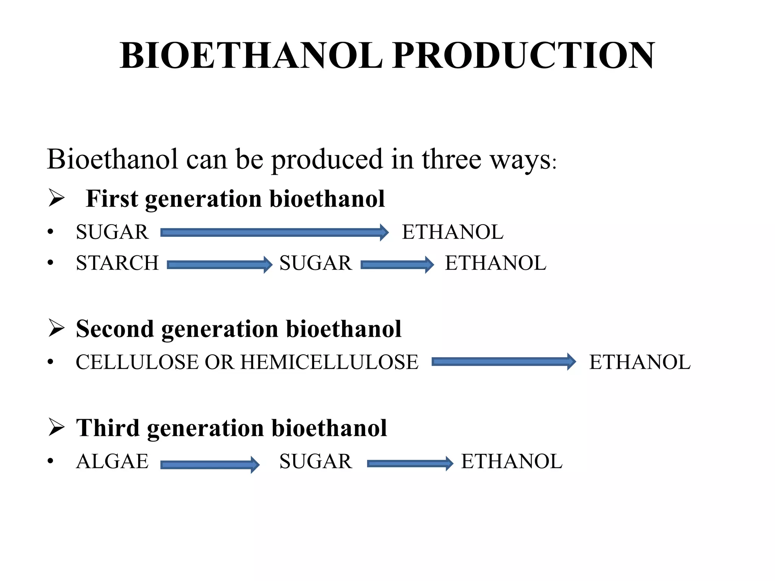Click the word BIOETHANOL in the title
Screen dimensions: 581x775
251,56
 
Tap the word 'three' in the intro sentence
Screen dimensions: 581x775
451,159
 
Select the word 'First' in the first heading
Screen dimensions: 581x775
112,199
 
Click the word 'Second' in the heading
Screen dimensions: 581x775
115,329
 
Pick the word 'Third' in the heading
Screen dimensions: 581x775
108,428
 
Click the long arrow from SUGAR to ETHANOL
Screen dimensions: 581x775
274,232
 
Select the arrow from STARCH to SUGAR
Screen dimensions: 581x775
219,264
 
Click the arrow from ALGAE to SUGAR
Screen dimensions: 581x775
210,464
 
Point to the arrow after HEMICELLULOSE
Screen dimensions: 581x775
503,362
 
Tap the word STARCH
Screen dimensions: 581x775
117,263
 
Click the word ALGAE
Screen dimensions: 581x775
112,461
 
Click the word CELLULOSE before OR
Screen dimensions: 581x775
138,362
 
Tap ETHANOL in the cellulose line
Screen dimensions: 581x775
640,362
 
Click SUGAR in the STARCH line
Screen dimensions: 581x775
316,263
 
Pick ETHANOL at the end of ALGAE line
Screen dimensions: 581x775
512,461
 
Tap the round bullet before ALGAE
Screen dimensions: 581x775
51,461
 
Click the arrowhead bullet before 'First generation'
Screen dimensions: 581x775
57,198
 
